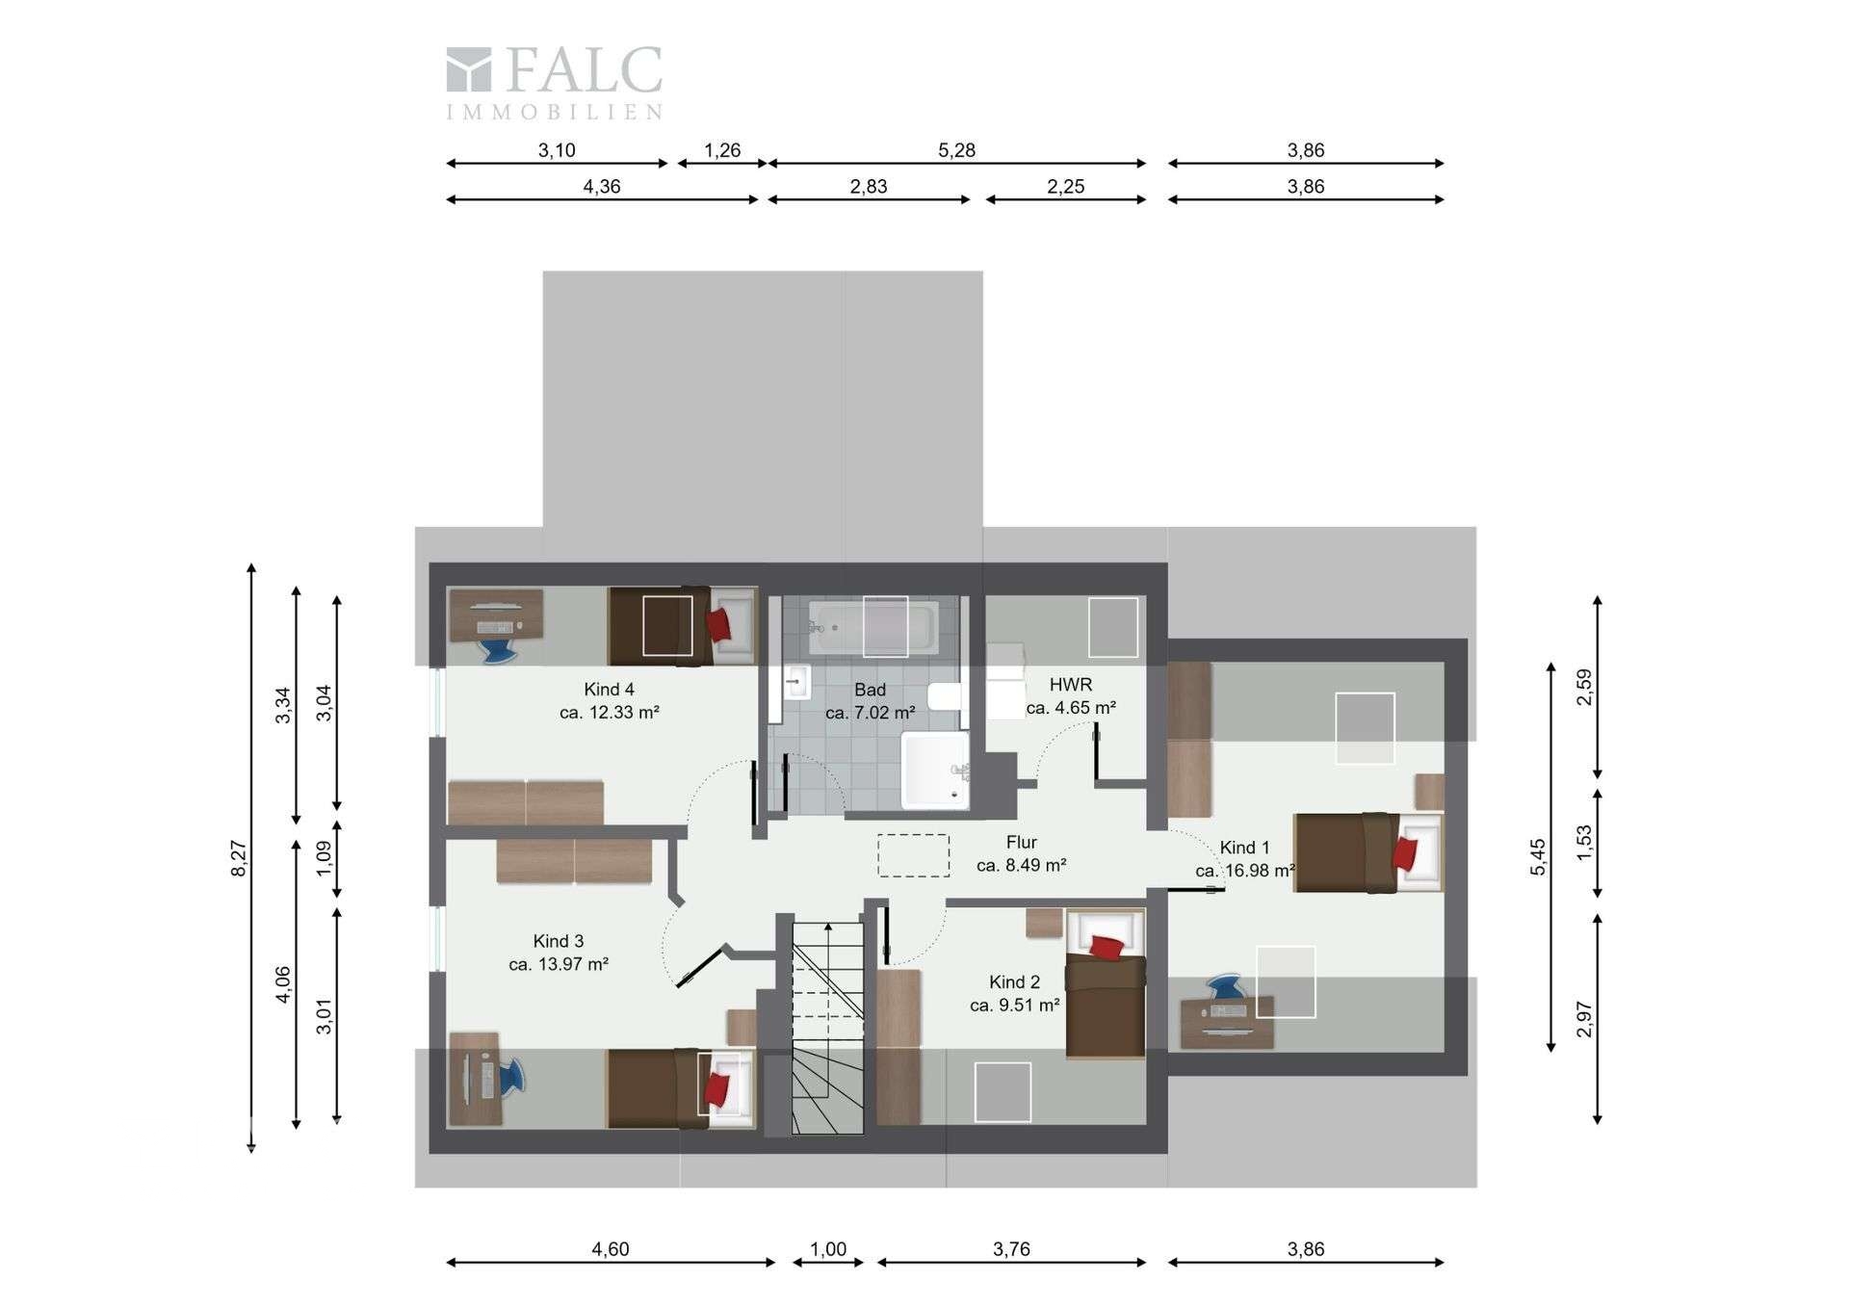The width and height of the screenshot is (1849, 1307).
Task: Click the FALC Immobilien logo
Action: (555, 83)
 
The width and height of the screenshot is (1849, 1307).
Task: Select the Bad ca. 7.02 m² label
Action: (870, 701)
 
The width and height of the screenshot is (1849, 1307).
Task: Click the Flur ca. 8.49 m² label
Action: (1021, 853)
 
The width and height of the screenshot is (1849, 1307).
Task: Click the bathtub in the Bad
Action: (872, 627)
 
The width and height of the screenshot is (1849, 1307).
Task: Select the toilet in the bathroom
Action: (945, 695)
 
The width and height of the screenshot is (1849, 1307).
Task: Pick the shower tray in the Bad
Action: (934, 770)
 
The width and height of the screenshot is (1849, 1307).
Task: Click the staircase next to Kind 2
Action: (827, 1027)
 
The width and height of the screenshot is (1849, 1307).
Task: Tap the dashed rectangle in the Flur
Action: (913, 855)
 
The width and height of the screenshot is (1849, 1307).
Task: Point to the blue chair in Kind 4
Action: (500, 650)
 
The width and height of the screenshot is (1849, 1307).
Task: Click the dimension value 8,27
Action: (240, 858)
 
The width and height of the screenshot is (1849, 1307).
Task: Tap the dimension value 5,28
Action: (956, 150)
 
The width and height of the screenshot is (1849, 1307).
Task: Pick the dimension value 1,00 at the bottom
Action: (827, 1249)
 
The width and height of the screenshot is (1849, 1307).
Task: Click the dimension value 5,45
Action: (1538, 857)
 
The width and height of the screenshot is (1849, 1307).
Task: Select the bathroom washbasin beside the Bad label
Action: (796, 682)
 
